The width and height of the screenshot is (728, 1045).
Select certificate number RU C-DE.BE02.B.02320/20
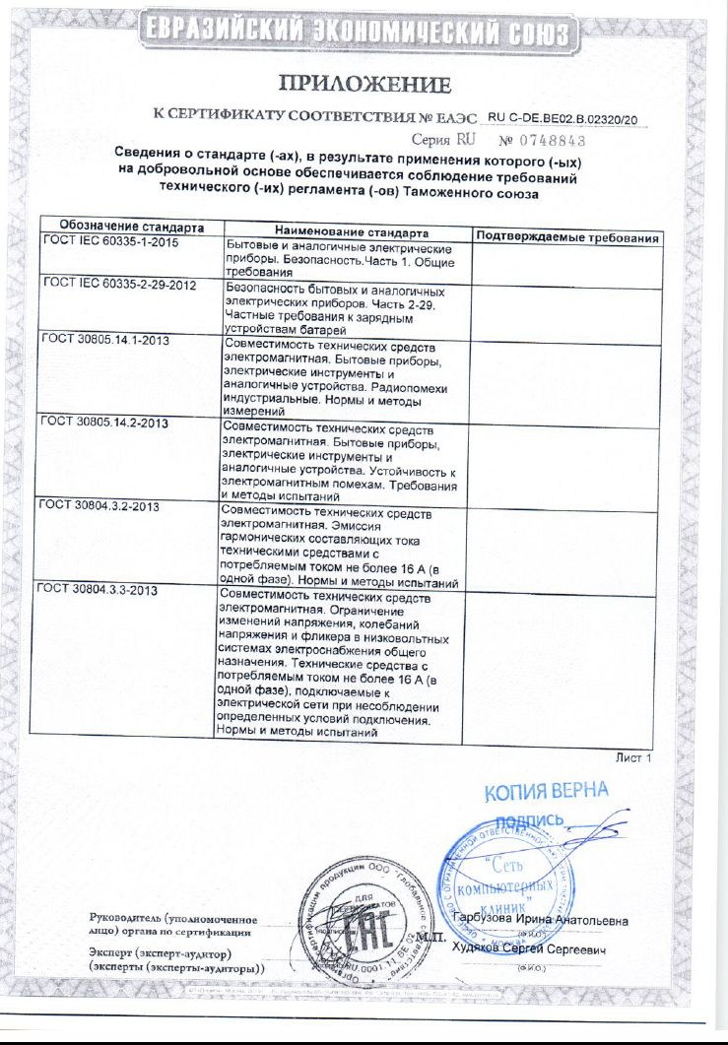click(563, 118)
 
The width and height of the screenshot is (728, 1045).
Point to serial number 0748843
click(547, 141)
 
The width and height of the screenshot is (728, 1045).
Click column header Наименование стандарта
click(344, 232)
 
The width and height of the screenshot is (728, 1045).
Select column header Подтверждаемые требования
click(565, 238)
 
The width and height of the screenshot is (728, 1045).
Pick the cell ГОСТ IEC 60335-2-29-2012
click(120, 286)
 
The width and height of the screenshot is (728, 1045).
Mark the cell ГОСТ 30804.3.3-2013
click(96, 590)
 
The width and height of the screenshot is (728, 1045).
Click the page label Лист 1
click(632, 757)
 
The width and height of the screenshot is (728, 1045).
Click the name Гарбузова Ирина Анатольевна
click(540, 920)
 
